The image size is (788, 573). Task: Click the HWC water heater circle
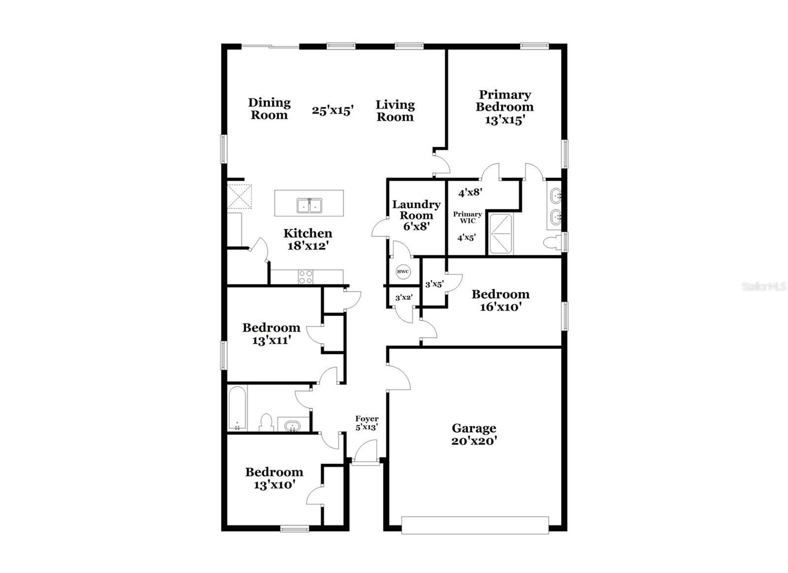point(403,271)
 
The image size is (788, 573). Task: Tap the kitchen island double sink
point(309,205)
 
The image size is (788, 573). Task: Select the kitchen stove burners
point(305,277)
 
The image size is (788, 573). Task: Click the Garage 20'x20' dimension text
point(474,441)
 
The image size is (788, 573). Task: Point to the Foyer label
point(367,419)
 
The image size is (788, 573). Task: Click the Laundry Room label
point(416,209)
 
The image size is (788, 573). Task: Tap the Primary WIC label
point(467,217)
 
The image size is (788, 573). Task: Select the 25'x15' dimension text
point(333,110)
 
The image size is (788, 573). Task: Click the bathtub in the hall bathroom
point(237,408)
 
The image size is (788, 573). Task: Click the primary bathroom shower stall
point(500,233)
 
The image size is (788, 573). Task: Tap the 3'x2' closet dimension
point(404,298)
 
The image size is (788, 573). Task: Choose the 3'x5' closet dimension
point(435,284)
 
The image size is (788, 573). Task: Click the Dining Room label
point(269,109)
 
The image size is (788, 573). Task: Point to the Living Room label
point(395,111)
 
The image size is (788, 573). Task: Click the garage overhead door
point(475,525)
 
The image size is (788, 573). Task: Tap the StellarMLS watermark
point(764,286)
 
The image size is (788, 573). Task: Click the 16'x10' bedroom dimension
point(501,307)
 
